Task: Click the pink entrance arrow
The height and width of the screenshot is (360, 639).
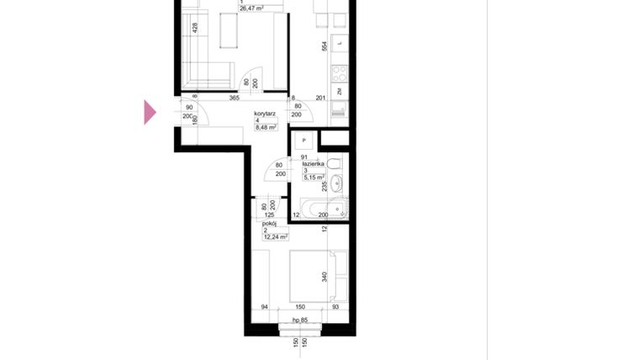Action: (150, 112)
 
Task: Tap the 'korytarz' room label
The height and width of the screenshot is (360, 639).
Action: (266, 113)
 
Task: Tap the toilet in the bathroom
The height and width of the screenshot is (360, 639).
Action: (335, 162)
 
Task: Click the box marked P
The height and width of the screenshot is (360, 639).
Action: (304, 140)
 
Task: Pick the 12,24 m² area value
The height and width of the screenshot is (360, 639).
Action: (275, 237)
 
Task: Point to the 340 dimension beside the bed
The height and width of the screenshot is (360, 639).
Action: (325, 275)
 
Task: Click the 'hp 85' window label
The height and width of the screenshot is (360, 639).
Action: (301, 320)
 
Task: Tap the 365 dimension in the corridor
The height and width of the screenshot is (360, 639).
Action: (234, 98)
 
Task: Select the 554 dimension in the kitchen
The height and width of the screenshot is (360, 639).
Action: (325, 48)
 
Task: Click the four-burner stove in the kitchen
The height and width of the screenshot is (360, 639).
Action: (339, 73)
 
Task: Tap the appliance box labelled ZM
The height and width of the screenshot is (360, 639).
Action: (339, 92)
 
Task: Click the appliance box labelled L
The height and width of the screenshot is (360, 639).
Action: (339, 42)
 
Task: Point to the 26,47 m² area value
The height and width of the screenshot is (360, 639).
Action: (251, 8)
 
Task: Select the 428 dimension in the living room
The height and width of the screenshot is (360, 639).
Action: (195, 27)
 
